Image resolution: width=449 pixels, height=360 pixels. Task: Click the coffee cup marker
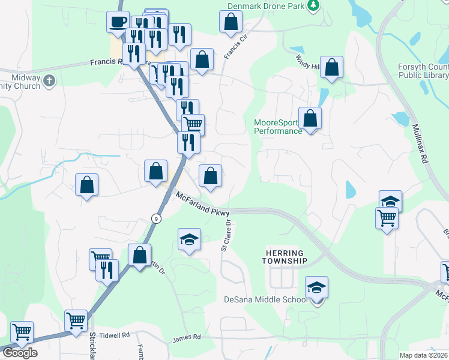coord(118,22)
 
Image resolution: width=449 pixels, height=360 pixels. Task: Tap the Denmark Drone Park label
coord(265,6)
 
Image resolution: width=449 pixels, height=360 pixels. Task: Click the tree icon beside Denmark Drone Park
coord(313,5)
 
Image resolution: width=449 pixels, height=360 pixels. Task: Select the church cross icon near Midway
coord(49,79)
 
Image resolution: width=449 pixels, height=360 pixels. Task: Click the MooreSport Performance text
coord(278,127)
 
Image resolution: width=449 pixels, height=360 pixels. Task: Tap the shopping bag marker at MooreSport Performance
coord(310,118)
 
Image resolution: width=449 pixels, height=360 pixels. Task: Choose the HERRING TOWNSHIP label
coord(285,257)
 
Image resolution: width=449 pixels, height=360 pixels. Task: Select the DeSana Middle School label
coord(266,299)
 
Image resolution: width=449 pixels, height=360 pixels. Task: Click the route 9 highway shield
coord(155,217)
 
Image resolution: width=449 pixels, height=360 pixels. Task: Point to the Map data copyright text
coord(424,355)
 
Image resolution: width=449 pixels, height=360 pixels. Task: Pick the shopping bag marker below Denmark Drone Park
coord(231,22)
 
